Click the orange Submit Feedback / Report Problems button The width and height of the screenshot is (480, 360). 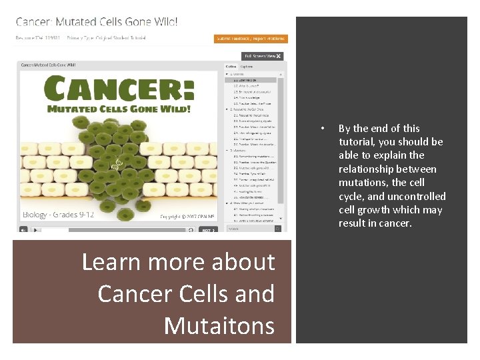tap(251, 39)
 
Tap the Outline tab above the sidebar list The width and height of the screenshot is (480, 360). tap(231, 67)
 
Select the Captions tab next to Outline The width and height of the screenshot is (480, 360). tap(247, 67)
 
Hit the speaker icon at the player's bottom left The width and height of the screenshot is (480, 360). tap(24, 230)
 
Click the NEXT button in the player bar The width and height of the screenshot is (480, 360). tap(208, 230)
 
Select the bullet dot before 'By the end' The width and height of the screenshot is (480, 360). tap(321, 129)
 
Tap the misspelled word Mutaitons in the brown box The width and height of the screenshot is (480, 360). tap(219, 325)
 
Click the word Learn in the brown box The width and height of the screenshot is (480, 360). tap(111, 262)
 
